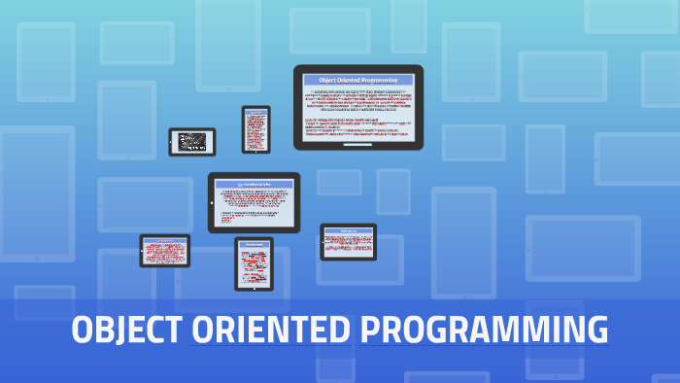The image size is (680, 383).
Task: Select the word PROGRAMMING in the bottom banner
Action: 484,331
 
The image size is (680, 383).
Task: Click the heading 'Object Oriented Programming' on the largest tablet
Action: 358,80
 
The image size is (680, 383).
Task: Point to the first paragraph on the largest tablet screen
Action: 358,100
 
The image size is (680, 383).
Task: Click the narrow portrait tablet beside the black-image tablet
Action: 256,129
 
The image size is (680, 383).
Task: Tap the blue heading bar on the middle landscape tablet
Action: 253,184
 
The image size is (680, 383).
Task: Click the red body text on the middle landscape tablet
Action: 253,207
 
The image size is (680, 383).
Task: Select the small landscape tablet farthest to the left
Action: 164,251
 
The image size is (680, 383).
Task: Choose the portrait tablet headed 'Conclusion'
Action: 254,263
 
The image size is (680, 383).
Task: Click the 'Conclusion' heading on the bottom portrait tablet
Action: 254,244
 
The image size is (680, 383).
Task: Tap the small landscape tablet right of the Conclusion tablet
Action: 348,242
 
